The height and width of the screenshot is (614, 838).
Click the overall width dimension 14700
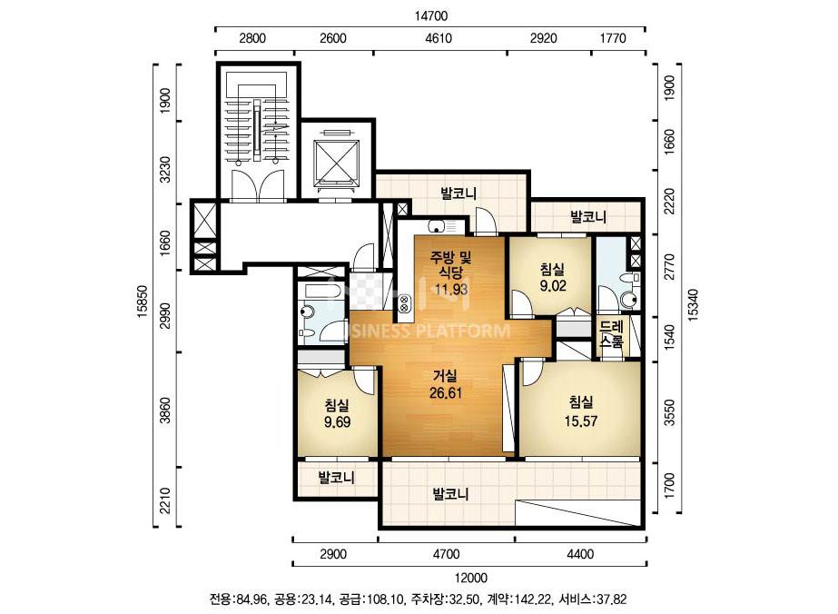point(430,16)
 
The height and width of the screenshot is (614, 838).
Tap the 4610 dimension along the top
point(439,38)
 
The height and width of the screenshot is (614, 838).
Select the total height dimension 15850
point(143,302)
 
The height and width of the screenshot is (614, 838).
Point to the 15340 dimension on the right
point(693,305)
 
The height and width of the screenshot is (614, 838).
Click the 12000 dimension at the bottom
point(471,578)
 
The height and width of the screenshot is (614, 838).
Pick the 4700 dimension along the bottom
point(446,554)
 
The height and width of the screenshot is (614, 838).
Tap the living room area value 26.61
point(446,393)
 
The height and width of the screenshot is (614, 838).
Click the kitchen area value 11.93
point(451,290)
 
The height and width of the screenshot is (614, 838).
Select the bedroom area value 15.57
point(581,421)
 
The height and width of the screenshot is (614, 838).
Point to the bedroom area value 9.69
point(337,422)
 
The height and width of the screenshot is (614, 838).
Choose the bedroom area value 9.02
point(553,286)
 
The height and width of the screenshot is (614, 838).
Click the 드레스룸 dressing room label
point(611,334)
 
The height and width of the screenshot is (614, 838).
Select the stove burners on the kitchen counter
point(403,304)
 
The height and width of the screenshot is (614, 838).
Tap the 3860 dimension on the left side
point(166,410)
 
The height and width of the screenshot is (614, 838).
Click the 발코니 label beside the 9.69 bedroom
point(337,477)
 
